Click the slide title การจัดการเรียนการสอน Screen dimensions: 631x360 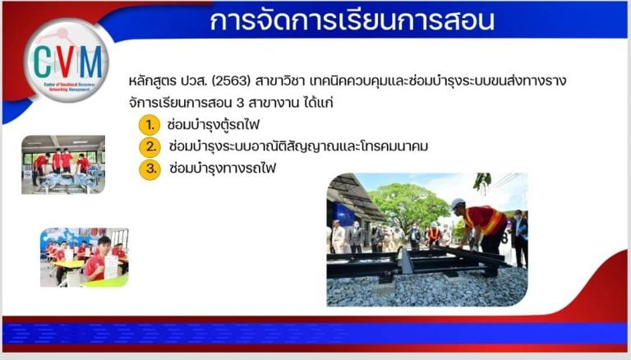click(352, 20)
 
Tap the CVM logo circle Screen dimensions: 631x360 click(67, 60)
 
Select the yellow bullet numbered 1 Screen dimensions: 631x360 click(150, 125)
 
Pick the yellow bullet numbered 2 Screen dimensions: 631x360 click(150, 146)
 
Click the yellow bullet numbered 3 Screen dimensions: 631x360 click(150, 168)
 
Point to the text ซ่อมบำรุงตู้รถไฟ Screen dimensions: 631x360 click(214, 125)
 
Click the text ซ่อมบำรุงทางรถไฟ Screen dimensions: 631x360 click(223, 168)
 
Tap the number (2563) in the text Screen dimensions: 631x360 click(231, 81)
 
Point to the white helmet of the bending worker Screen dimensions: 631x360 click(458, 204)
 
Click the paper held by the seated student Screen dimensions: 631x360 click(111, 266)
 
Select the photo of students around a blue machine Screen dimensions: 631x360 click(63, 164)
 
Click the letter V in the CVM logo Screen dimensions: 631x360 click(66, 61)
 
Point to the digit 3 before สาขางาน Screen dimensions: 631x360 click(240, 103)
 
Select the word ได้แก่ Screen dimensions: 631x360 click(318, 102)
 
